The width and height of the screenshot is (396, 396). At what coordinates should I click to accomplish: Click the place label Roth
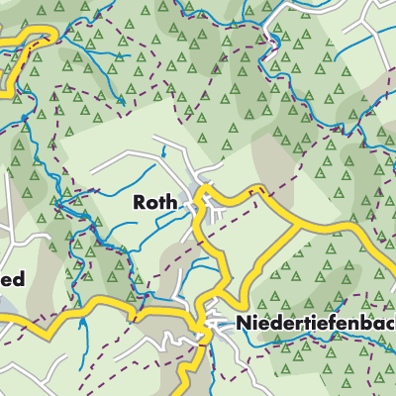click(155, 203)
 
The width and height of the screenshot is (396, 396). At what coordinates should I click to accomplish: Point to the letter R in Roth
click(140, 203)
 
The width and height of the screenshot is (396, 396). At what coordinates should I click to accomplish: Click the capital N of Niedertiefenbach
click(243, 324)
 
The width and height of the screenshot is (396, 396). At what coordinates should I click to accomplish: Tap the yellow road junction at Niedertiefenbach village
click(205, 321)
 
